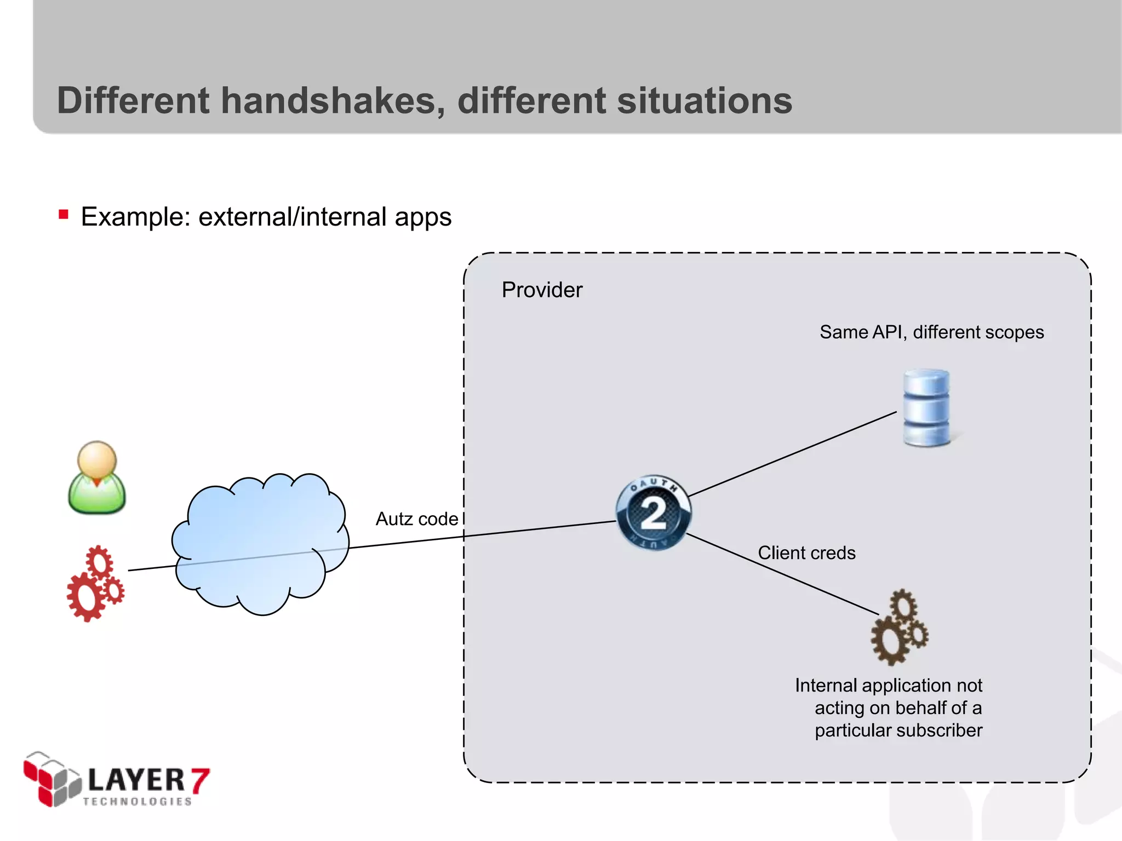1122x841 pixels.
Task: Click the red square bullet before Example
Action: click(x=64, y=214)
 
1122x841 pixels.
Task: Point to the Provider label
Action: click(x=542, y=290)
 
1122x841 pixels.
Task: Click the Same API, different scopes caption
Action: click(x=931, y=332)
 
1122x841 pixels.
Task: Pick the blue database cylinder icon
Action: click(x=927, y=408)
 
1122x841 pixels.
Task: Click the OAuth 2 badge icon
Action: click(x=653, y=512)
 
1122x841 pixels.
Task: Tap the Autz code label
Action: click(x=416, y=519)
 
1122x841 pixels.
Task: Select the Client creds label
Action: click(x=806, y=552)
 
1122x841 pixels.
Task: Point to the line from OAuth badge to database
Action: click(x=792, y=454)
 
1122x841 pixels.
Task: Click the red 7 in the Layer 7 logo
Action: click(x=199, y=780)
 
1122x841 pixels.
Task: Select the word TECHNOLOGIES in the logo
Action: click(x=137, y=802)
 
